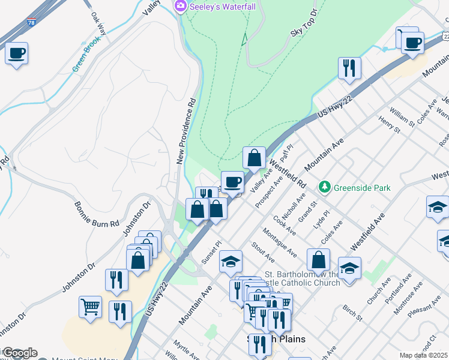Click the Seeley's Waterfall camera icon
[x=179, y=5]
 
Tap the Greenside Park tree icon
[x=325, y=188]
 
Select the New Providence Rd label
[x=187, y=131]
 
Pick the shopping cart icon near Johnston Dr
[x=90, y=307]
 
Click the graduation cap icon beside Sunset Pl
[x=231, y=261]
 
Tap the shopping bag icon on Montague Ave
[x=319, y=260]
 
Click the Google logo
[x=19, y=353]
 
